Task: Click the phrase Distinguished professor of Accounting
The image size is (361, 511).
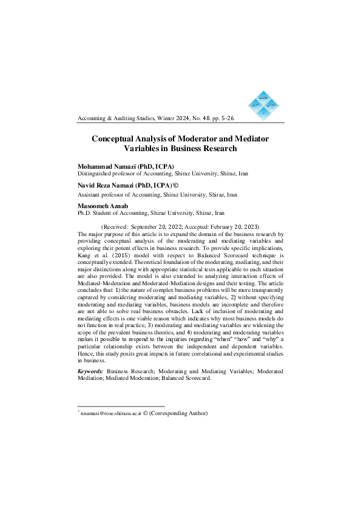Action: click(x=123, y=174)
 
